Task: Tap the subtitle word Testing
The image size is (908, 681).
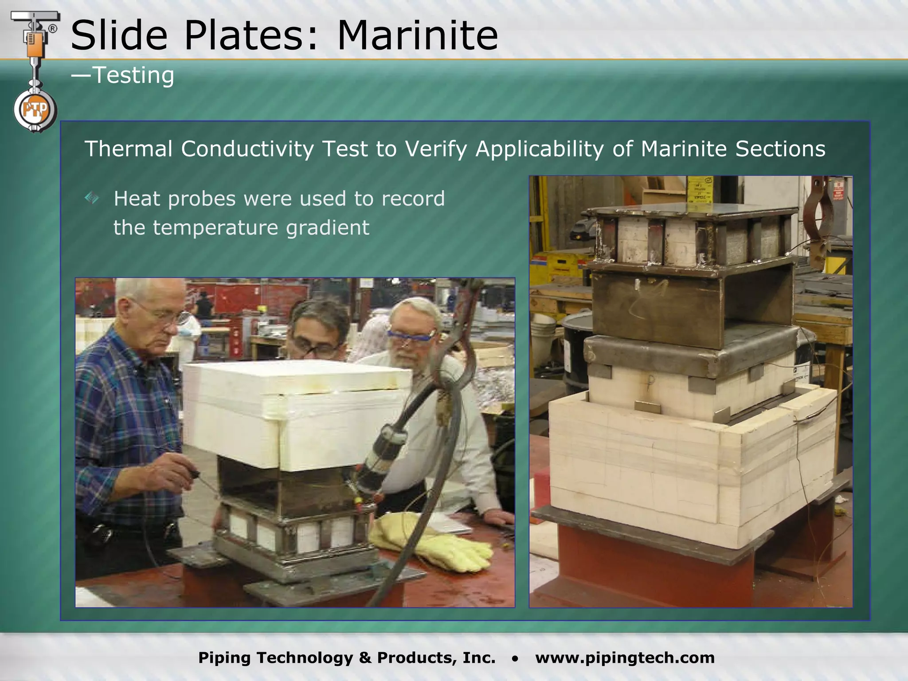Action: click(133, 75)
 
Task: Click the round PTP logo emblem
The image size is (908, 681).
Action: click(35, 110)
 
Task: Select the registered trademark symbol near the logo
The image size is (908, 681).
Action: click(52, 29)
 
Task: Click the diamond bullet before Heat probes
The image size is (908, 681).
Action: click(92, 198)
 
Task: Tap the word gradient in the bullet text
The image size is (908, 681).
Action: click(327, 228)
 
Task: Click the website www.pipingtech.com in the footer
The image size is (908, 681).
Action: click(625, 658)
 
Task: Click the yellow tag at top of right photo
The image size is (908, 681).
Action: click(699, 189)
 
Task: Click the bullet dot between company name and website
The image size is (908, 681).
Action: click(515, 659)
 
